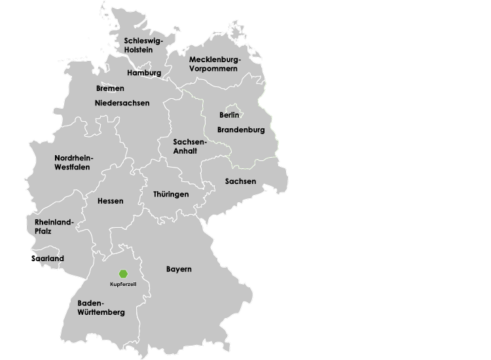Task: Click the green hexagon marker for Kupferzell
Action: (123, 274)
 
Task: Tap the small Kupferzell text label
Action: (123, 283)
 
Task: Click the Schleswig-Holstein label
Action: (143, 45)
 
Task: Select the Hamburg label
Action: (144, 73)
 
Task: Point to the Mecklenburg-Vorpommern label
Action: (215, 63)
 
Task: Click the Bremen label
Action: (110, 88)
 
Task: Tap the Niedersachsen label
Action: (122, 103)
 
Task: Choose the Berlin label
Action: (229, 116)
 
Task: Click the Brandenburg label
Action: (241, 130)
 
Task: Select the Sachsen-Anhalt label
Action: (190, 146)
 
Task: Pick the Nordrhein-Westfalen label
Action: (74, 162)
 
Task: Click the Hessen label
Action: (110, 201)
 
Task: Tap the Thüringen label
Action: (171, 194)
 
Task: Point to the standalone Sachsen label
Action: (240, 181)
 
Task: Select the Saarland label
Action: (48, 259)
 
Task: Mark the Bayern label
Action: (179, 269)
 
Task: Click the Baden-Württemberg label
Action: (101, 308)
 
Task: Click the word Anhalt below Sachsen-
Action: (185, 151)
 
